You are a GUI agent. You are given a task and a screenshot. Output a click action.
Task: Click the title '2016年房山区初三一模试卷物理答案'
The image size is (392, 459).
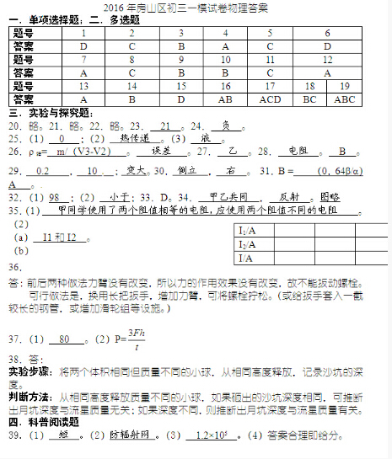pos(195,8)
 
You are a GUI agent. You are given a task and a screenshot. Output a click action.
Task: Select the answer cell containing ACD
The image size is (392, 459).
pos(270,99)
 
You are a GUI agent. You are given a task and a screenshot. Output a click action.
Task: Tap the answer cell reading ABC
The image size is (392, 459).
pos(345,99)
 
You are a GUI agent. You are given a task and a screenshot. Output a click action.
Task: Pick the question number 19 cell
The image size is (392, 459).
pos(345,86)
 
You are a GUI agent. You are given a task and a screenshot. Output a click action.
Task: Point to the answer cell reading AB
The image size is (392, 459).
pos(226,99)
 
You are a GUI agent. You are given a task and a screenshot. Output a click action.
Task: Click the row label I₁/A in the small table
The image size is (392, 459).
pos(247,230)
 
